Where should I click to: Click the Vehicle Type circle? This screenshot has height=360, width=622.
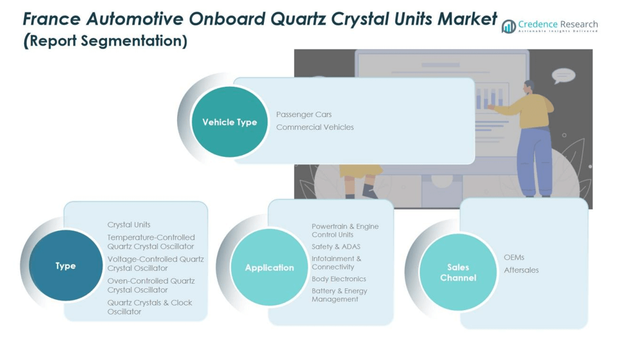[x=230, y=122]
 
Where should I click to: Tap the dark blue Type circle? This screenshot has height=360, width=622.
[x=66, y=266]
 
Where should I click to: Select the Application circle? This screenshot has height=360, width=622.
[x=270, y=267]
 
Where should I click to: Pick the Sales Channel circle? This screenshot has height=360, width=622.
[x=458, y=272]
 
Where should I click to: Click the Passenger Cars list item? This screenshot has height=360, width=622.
[x=304, y=115]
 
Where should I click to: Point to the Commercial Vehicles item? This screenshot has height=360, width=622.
[x=315, y=127]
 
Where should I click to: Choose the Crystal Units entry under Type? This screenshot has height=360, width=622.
[x=129, y=225]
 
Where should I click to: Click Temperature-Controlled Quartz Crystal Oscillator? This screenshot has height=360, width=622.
[x=151, y=242]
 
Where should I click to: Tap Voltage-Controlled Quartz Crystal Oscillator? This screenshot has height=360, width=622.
[x=156, y=263]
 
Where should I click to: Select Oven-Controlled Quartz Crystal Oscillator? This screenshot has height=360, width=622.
[x=151, y=285]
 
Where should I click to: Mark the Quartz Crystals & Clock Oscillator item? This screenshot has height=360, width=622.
[x=149, y=307]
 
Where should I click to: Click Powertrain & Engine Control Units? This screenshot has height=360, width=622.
[x=345, y=230]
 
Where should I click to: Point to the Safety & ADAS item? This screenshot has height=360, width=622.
[x=336, y=247]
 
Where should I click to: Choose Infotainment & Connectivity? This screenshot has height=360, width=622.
[x=336, y=263]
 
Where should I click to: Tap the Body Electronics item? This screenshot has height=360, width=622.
[x=338, y=279]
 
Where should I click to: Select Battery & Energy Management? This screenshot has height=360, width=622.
[x=340, y=295]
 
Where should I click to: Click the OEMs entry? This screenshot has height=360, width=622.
[x=514, y=257]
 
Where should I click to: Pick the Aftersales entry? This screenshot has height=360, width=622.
[x=521, y=270]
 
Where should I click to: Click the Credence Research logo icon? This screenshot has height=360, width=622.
[x=509, y=27]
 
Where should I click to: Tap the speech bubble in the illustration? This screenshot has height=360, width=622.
[x=564, y=75]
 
